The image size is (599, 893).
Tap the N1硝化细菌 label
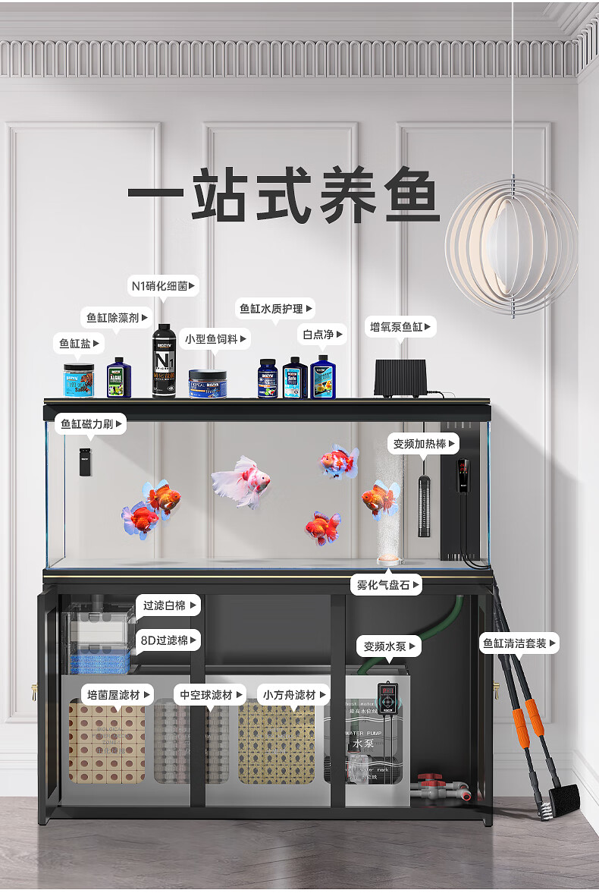pyautogui.click(x=164, y=286)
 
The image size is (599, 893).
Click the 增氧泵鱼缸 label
pyautogui.click(x=401, y=327)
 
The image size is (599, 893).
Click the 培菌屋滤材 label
pyautogui.click(x=118, y=694)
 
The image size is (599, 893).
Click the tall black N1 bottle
pyautogui.click(x=164, y=362)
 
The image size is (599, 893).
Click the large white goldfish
pyautogui.click(x=240, y=481)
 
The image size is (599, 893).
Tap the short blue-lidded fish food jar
pyautogui.click(x=208, y=384)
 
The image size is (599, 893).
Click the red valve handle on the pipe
pyautogui.click(x=431, y=779)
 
